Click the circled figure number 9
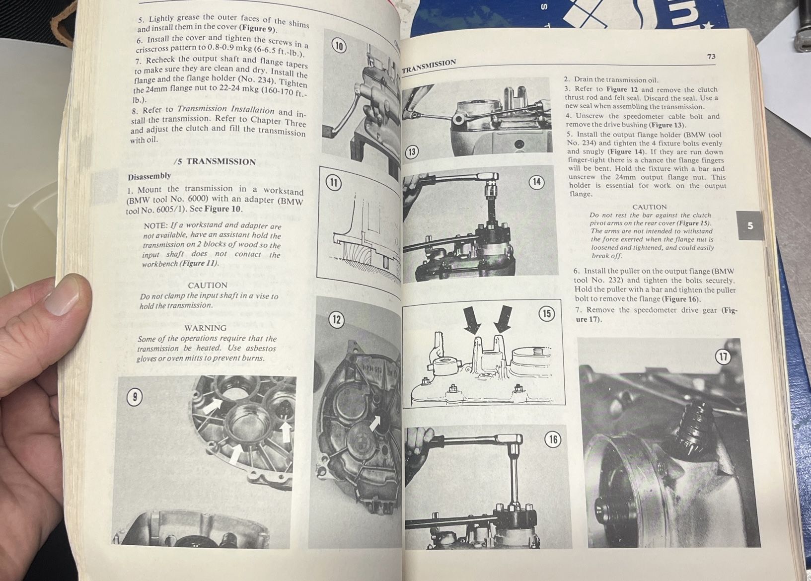coord(135,397)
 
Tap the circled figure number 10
coord(339,47)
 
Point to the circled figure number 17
coord(723,357)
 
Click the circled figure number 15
coord(547,314)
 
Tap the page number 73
coord(711,57)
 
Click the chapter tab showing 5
coord(750,226)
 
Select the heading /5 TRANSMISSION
coord(215,161)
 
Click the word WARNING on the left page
coord(205,328)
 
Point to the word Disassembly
coord(149,176)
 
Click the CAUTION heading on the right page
coord(650,207)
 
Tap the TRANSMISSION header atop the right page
coord(429,66)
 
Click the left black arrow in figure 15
coord(472,319)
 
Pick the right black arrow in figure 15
coord(503,318)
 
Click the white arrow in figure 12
coord(375,424)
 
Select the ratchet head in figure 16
coord(512,439)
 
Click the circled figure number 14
coord(536,182)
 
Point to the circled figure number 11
coord(333,183)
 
